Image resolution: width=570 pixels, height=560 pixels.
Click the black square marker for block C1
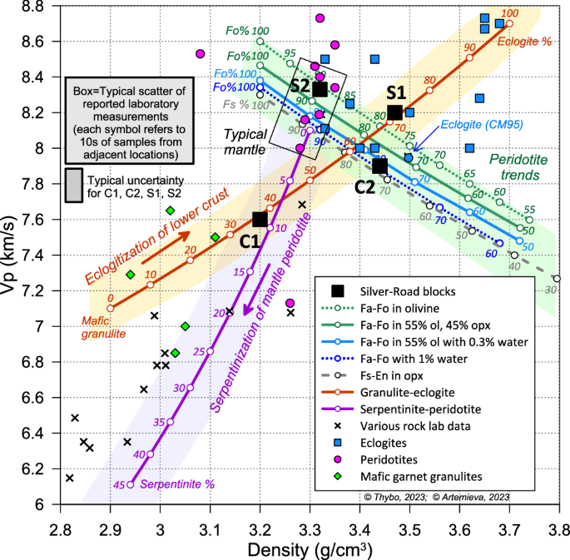(260, 219)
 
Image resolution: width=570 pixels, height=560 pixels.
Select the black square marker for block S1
(394, 112)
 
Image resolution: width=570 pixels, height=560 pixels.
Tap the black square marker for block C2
(379, 166)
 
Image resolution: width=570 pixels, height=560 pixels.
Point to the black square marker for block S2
(320, 89)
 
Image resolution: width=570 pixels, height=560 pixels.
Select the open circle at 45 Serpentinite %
(131, 484)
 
